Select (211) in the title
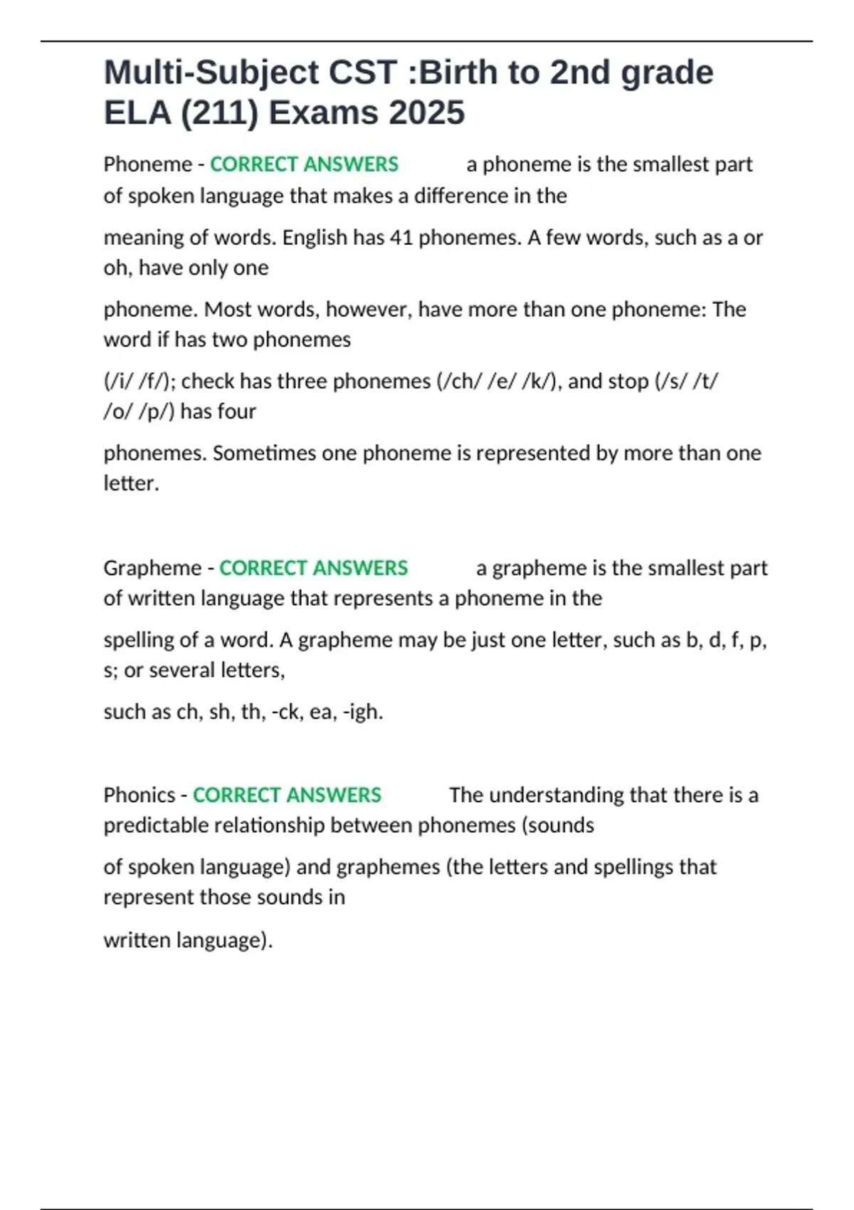(x=219, y=112)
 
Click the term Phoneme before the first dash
(x=147, y=164)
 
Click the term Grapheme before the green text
(x=152, y=568)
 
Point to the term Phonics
(x=139, y=795)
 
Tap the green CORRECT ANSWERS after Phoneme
(x=304, y=164)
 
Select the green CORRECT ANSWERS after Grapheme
(x=313, y=568)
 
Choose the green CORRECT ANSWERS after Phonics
(x=287, y=795)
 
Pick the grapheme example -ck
(x=287, y=712)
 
